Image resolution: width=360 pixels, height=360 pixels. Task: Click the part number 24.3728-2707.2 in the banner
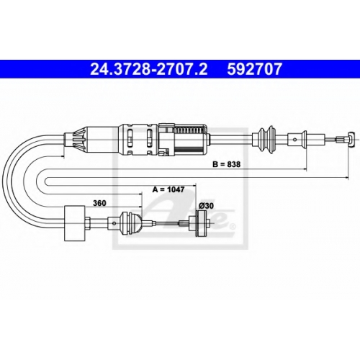coord(149,69)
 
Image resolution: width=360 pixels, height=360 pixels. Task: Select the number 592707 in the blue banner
coord(254,69)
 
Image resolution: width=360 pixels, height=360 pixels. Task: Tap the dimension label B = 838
coord(226,164)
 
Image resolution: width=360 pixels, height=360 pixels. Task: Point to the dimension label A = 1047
coord(168,189)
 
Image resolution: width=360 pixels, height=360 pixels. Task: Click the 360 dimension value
coord(99,203)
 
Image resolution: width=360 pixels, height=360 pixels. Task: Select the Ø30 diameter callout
coord(206,206)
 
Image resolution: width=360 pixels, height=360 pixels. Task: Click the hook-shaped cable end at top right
coord(351,140)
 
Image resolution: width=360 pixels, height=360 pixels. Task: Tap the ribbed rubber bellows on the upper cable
coord(266,139)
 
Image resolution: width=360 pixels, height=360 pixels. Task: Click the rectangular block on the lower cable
coord(75,223)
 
